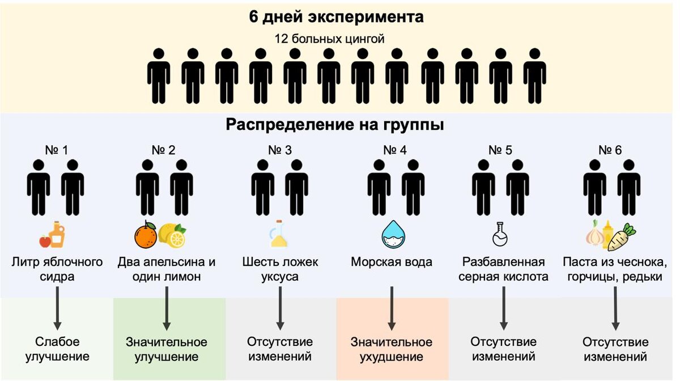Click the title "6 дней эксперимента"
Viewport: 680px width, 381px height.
point(337,17)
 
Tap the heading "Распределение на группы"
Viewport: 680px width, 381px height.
point(334,125)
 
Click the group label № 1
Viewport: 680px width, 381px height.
point(56,150)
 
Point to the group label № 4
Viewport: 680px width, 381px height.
point(395,150)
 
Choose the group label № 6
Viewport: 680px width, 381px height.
point(610,150)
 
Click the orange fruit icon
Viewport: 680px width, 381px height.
point(146,235)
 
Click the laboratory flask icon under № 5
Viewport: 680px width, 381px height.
point(500,234)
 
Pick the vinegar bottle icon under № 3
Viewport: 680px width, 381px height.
point(279,234)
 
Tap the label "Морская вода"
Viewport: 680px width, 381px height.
point(392,263)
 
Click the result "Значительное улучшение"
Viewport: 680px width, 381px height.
point(167,350)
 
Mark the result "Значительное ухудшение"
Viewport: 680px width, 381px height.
point(392,350)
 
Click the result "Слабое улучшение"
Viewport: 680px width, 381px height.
point(57,350)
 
